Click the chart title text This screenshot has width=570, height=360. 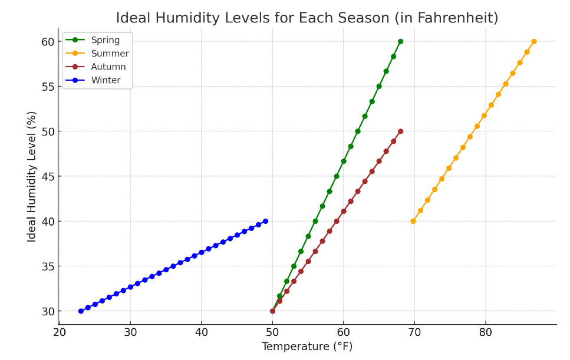click(307, 18)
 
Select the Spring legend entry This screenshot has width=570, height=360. click(105, 40)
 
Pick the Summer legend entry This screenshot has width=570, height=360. click(110, 54)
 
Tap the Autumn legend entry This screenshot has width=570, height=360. click(108, 67)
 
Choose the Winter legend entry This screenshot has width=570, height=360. click(106, 80)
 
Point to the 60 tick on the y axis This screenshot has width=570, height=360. click(47, 42)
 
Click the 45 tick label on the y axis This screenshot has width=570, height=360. click(47, 176)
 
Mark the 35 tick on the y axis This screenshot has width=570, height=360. click(47, 266)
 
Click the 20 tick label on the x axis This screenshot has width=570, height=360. click(59, 332)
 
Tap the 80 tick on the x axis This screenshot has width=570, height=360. click(485, 332)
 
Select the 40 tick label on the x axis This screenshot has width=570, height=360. click(201, 332)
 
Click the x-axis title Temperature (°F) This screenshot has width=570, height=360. click(307, 347)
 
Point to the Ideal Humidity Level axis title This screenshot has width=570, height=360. click(32, 176)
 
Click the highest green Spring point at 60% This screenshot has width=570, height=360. click(400, 41)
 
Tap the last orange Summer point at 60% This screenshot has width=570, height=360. click(534, 41)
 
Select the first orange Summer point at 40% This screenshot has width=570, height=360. click(413, 221)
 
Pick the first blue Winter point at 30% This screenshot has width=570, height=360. click(81, 311)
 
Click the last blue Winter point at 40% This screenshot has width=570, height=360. click(265, 221)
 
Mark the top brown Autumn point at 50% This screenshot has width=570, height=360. click(400, 131)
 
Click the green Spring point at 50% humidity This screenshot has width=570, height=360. click(358, 131)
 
